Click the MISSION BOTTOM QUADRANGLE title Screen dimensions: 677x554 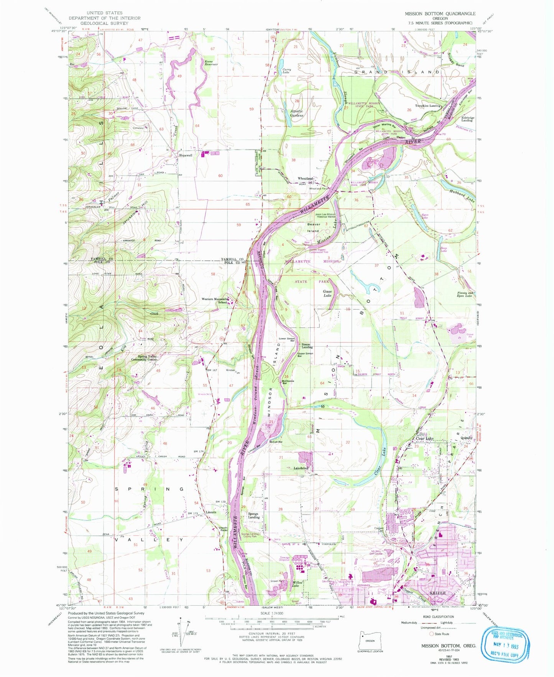[440, 13]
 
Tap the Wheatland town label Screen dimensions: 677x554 [306, 178]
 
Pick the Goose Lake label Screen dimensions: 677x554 [327, 294]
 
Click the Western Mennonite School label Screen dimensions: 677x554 [217, 301]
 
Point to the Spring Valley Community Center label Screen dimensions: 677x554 [145, 358]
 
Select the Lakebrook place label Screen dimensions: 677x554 [301, 468]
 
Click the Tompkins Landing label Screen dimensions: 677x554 [428, 106]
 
